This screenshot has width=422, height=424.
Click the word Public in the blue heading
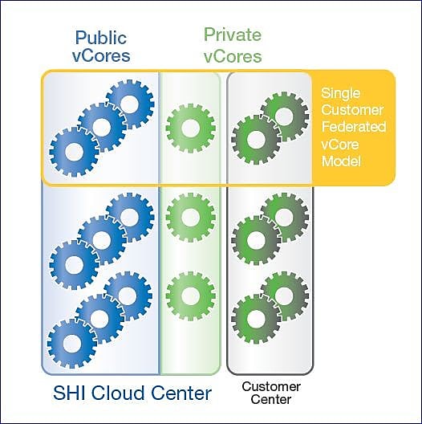pyautogui.click(x=101, y=38)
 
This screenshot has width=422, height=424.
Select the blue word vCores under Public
pyautogui.click(x=101, y=55)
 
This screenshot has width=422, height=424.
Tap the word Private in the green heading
pyautogui.click(x=233, y=35)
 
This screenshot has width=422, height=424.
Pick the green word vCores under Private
pyautogui.click(x=233, y=56)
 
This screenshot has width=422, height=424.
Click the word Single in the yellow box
pyautogui.click(x=340, y=94)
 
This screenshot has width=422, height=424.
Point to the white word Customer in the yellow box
pyautogui.click(x=352, y=110)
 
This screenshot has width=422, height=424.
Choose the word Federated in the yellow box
pyautogui.click(x=354, y=127)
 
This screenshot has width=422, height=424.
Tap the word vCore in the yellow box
pyautogui.click(x=340, y=145)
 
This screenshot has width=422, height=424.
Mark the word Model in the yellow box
pyautogui.click(x=341, y=161)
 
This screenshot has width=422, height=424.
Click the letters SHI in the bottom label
pyautogui.click(x=71, y=393)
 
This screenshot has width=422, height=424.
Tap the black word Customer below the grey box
pyautogui.click(x=271, y=387)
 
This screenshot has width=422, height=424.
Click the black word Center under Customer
pyautogui.click(x=271, y=399)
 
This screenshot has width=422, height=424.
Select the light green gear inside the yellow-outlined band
pyautogui.click(x=190, y=128)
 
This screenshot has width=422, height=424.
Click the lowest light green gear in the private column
pyautogui.click(x=190, y=296)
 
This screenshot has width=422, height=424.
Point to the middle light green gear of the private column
pyautogui.click(x=190, y=218)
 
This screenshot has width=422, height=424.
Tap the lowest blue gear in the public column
pyautogui.click(x=72, y=344)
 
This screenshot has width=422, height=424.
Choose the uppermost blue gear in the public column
pyautogui.click(x=130, y=104)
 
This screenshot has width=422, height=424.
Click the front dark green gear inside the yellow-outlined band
pyautogui.click(x=256, y=140)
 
